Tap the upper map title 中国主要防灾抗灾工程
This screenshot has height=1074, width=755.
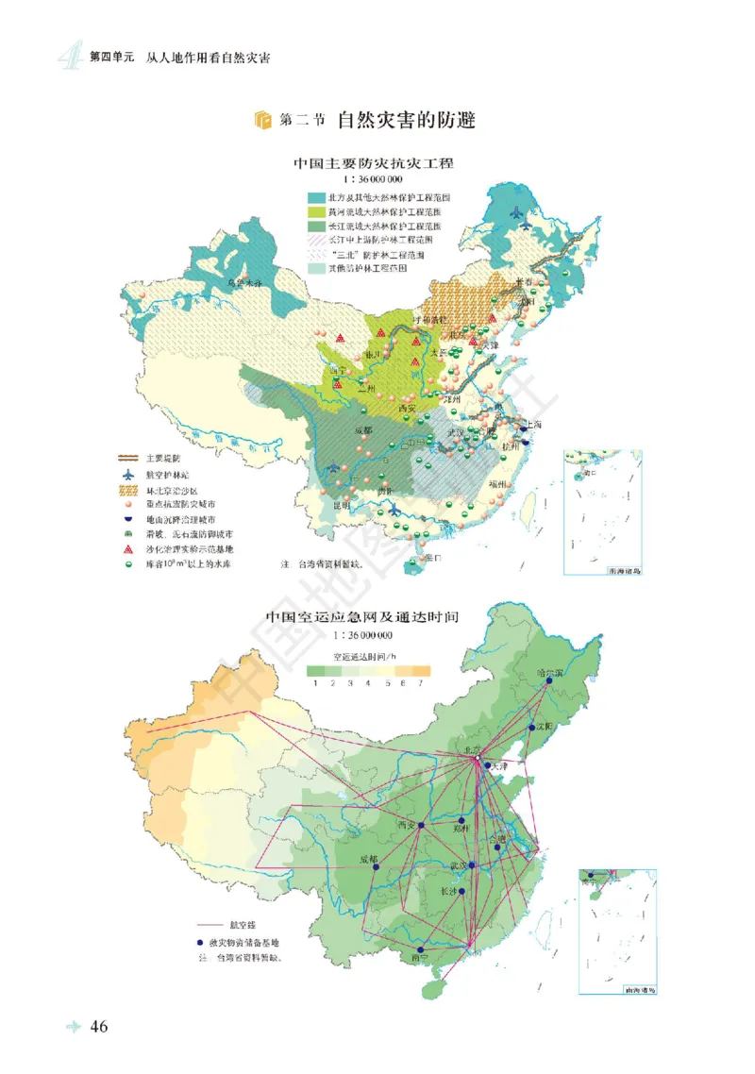[x=373, y=164]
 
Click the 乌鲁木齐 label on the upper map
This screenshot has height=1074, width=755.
[x=248, y=282]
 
